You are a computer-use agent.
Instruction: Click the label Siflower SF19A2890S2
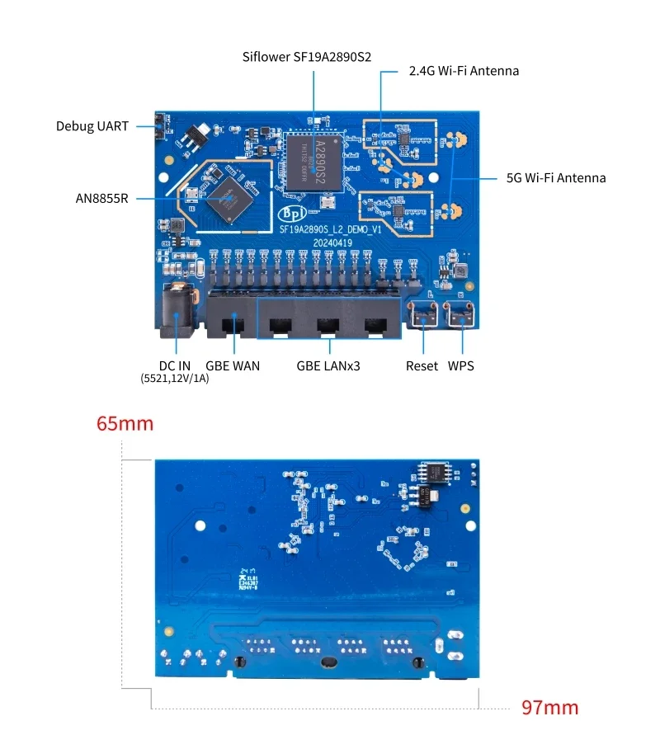307,58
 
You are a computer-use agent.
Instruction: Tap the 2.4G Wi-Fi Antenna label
464,71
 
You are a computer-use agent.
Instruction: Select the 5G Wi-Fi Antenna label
555,177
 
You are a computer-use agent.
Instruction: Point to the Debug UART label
92,126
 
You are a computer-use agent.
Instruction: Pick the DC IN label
175,365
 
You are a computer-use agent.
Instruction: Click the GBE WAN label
233,365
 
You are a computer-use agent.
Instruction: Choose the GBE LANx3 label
328,365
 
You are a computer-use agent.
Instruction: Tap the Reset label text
422,365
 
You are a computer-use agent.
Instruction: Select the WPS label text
461,365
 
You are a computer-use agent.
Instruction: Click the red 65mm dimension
125,424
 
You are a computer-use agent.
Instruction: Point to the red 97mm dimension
550,708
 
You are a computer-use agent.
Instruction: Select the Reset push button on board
422,313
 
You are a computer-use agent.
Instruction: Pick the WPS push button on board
460,313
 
